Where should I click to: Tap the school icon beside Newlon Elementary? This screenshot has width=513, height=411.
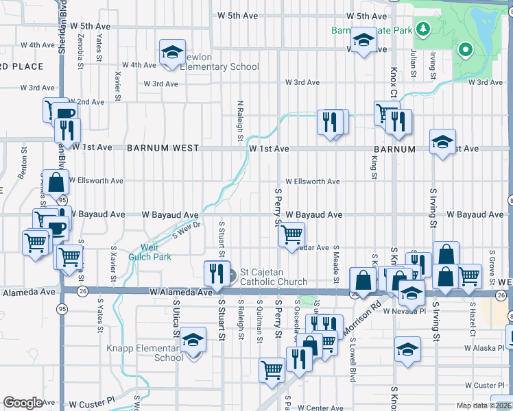click(x=173, y=51)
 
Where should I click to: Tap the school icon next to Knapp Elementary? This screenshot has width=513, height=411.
click(x=193, y=342)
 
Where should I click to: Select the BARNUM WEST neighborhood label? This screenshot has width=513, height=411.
click(x=163, y=148)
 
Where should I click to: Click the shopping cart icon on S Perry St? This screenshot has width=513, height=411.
click(x=291, y=234)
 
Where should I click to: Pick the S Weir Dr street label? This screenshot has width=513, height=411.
click(x=186, y=229)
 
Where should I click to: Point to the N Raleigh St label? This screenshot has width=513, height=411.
click(x=240, y=121)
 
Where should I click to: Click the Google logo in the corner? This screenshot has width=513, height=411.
click(x=23, y=403)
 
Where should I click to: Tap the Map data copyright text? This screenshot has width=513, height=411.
click(x=484, y=406)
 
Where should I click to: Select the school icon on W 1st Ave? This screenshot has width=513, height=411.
click(x=442, y=142)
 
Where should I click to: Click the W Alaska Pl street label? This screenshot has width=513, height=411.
click(x=484, y=348)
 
